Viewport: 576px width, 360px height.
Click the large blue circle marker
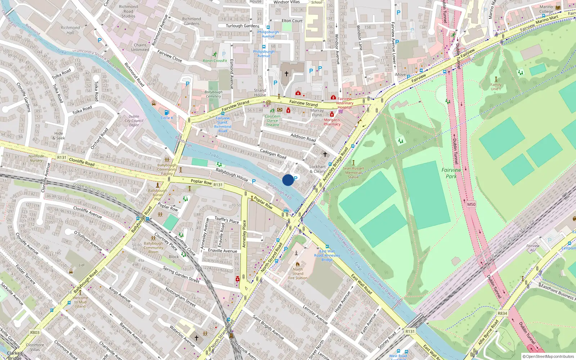click(288, 180)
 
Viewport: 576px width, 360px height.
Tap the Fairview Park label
click(451, 173)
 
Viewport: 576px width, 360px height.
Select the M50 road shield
click(471, 204)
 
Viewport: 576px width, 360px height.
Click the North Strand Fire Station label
click(298, 274)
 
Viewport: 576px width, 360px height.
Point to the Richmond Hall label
click(70, 30)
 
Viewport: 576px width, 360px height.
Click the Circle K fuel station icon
click(167, 113)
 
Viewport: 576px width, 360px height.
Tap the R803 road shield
click(35, 333)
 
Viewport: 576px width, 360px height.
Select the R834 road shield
click(502, 313)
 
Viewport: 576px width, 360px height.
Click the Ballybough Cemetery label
click(213, 94)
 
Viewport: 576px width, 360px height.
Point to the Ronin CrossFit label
click(215, 61)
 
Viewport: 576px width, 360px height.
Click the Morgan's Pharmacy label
click(332, 122)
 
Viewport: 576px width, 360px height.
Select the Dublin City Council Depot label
click(134, 121)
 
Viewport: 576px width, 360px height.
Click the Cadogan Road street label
click(273, 154)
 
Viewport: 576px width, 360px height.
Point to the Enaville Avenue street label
click(222, 251)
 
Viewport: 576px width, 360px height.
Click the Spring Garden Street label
click(181, 274)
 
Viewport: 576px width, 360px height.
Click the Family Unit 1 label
click(496, 87)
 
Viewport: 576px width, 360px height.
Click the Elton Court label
click(292, 21)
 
